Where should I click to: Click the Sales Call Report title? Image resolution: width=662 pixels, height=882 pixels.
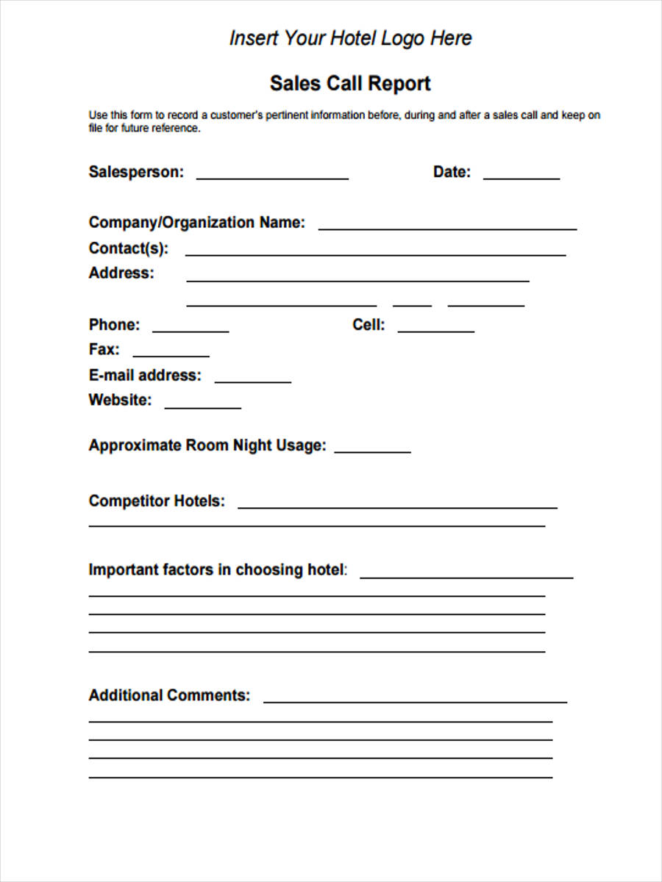click(x=350, y=84)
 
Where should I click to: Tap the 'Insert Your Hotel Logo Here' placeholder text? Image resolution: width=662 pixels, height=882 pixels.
click(x=350, y=38)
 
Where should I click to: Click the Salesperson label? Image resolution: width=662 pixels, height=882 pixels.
click(x=136, y=172)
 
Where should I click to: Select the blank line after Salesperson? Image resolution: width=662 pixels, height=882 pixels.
click(x=272, y=176)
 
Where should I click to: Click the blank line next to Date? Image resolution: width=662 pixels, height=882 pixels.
click(x=521, y=176)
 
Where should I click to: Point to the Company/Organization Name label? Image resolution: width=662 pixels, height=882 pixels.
click(x=196, y=223)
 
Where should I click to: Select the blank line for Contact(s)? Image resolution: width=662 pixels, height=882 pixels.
click(x=375, y=253)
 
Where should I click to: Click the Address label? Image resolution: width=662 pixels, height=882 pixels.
click(x=121, y=273)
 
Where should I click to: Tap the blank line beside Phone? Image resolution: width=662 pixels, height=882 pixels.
click(x=191, y=329)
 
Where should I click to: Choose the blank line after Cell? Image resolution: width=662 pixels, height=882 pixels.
click(x=436, y=329)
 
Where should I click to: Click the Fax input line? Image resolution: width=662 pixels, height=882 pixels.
click(x=171, y=354)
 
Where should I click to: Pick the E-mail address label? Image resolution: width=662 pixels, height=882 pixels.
click(x=144, y=376)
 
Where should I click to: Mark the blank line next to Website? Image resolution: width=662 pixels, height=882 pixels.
click(x=202, y=405)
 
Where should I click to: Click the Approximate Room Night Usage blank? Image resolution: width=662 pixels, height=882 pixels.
click(x=372, y=450)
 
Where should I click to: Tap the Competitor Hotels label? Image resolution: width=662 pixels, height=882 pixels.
click(x=157, y=501)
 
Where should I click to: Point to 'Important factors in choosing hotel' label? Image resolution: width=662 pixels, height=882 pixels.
click(x=218, y=570)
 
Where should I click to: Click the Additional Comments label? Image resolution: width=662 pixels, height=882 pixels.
click(x=169, y=695)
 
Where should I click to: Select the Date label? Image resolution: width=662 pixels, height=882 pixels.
click(x=452, y=172)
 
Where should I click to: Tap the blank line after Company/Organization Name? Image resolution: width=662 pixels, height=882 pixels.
click(x=447, y=227)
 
